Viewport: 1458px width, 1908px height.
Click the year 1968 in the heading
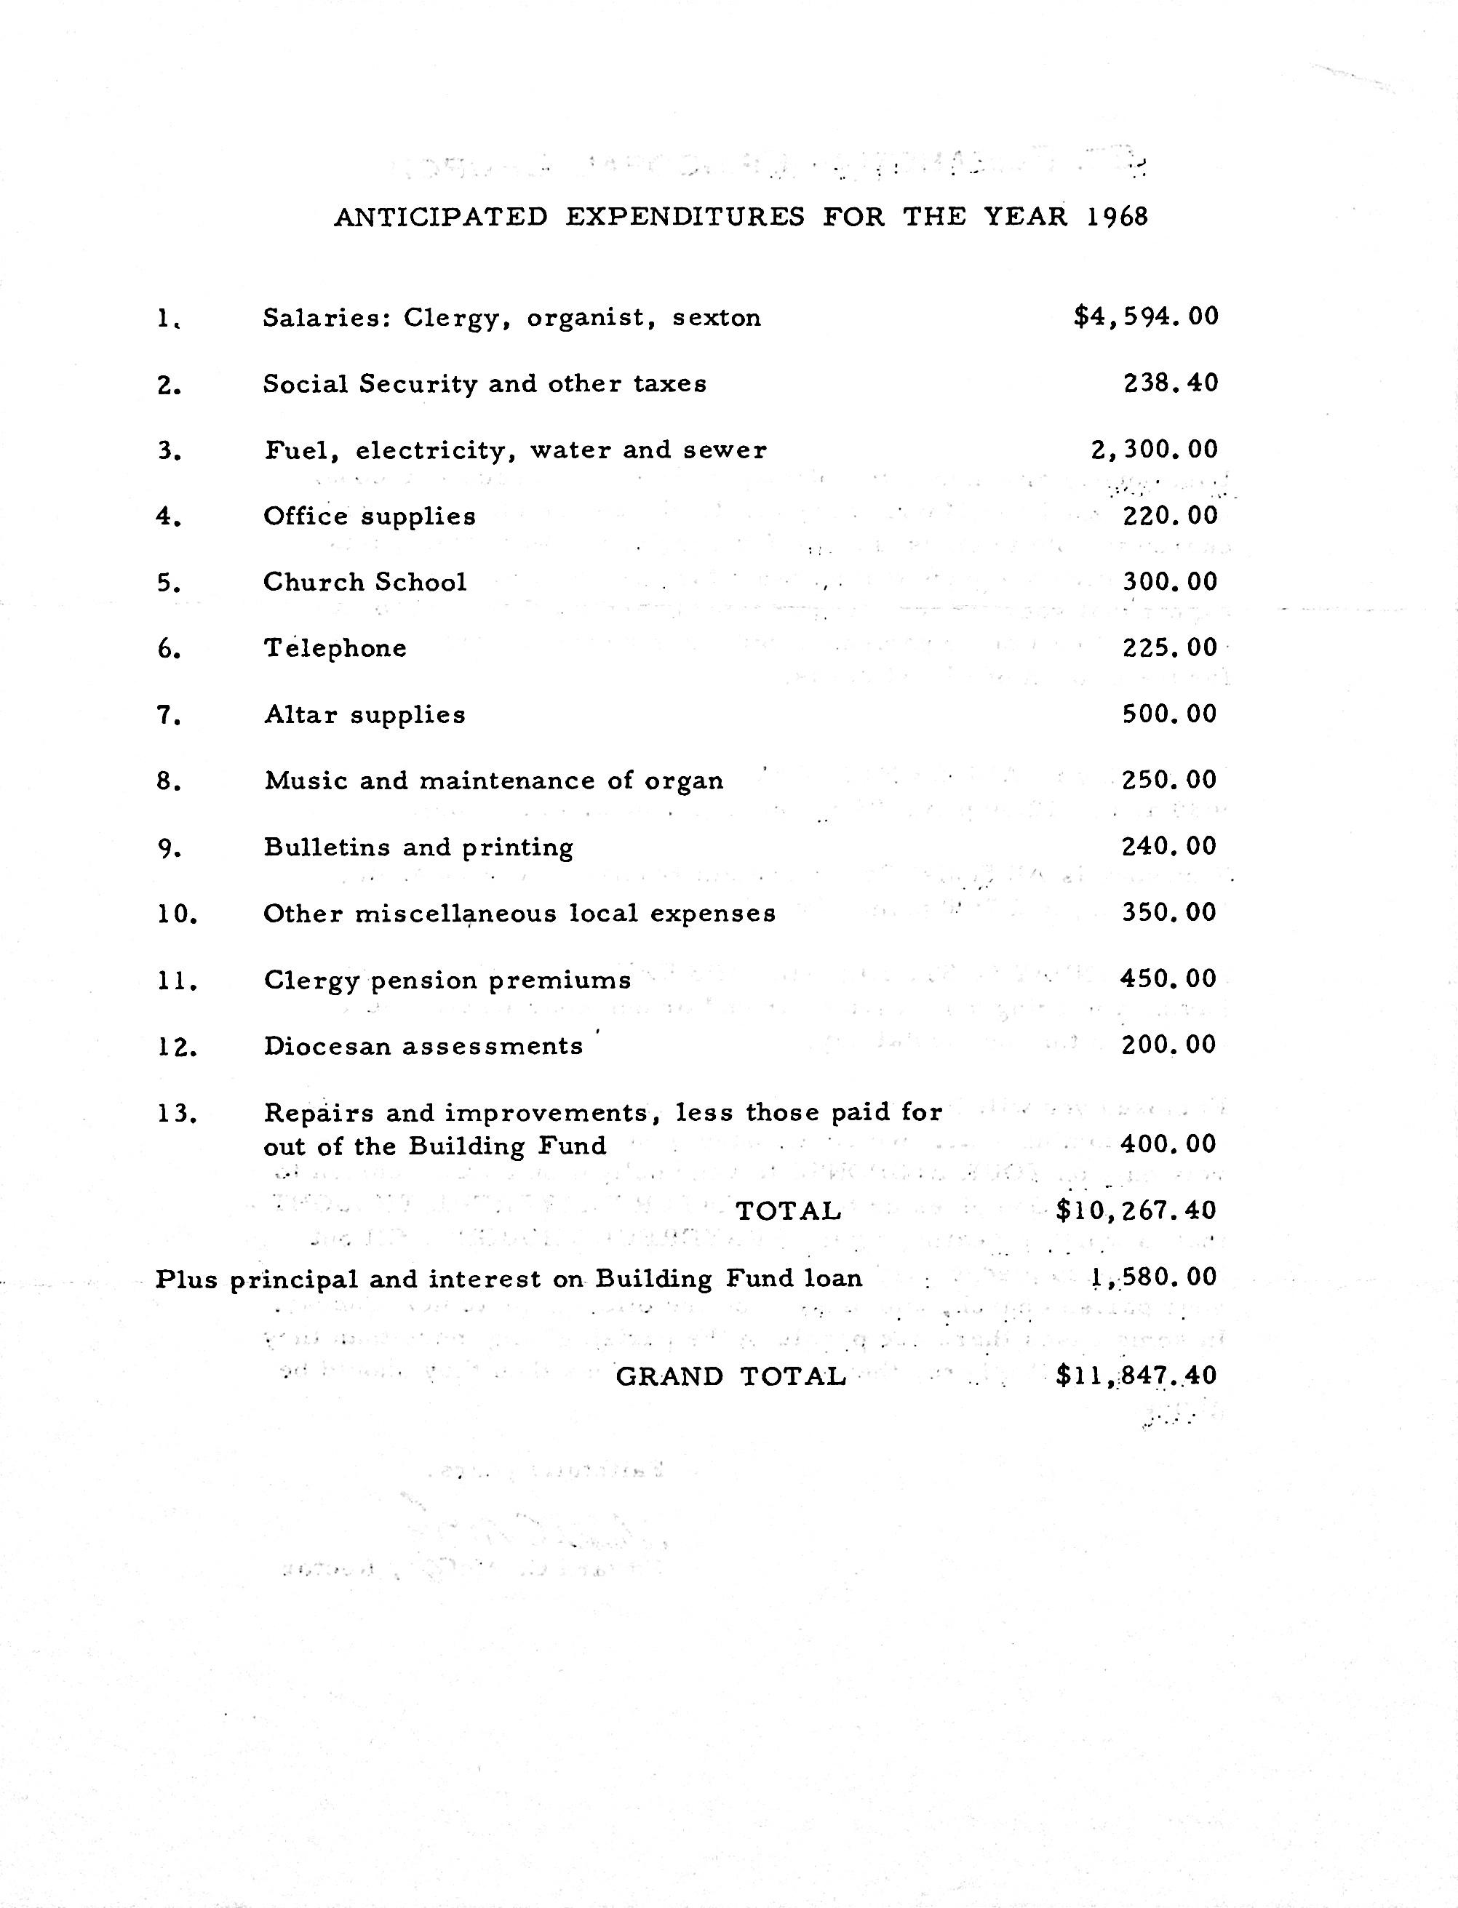(1117, 216)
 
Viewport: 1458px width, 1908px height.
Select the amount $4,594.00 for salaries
(1146, 316)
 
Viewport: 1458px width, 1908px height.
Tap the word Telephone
(335, 648)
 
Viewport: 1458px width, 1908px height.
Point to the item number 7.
(168, 716)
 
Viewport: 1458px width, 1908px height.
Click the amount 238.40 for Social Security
(1171, 383)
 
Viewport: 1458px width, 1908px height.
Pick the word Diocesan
(327, 1047)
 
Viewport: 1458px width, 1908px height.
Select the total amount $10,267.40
(1136, 1210)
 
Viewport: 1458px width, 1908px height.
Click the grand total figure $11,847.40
(1136, 1376)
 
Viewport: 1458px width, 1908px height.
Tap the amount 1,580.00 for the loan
(1153, 1277)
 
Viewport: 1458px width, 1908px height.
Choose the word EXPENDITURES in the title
(685, 216)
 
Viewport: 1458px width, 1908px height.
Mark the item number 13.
(177, 1113)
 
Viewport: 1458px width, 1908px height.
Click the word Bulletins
(327, 847)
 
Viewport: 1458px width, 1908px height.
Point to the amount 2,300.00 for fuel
(1154, 450)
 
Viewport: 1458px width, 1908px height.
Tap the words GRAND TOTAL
(730, 1377)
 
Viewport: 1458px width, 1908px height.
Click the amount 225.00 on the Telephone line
(1170, 648)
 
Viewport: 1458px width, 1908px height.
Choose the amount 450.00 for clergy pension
(1168, 978)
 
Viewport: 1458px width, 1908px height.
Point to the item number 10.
(177, 914)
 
